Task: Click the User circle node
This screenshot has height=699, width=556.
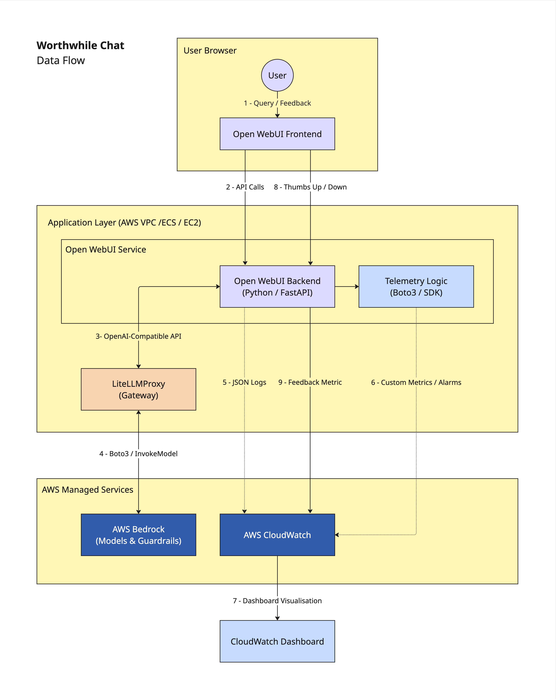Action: (x=277, y=75)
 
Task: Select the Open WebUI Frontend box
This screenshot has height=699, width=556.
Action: (x=277, y=134)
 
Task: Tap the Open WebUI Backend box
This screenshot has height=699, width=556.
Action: (x=277, y=287)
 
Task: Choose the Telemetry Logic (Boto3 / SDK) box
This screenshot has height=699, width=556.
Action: (x=416, y=287)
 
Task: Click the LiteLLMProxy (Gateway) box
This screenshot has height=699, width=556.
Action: (x=139, y=389)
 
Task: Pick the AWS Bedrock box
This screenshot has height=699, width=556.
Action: (x=139, y=535)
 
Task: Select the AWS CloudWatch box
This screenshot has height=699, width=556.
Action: (x=277, y=535)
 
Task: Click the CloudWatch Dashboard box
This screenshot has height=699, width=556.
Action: (x=277, y=641)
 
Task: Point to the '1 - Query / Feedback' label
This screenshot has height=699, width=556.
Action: (x=277, y=103)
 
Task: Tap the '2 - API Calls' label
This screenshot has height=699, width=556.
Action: (x=245, y=187)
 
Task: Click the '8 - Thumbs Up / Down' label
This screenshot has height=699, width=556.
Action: (x=310, y=187)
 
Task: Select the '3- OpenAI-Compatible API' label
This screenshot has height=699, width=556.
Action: (x=139, y=336)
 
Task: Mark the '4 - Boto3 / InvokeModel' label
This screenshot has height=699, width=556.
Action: (x=139, y=454)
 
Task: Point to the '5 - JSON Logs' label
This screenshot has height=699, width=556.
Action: (x=244, y=382)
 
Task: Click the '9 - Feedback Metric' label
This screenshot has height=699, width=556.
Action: (x=310, y=382)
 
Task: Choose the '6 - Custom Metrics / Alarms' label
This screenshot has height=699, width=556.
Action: (x=416, y=382)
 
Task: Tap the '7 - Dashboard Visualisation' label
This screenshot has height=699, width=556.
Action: (x=277, y=601)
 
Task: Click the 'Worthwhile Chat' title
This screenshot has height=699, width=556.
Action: (x=80, y=45)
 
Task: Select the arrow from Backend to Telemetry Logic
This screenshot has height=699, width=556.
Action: (x=347, y=287)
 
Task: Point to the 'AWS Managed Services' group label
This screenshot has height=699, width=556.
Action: (x=87, y=490)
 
